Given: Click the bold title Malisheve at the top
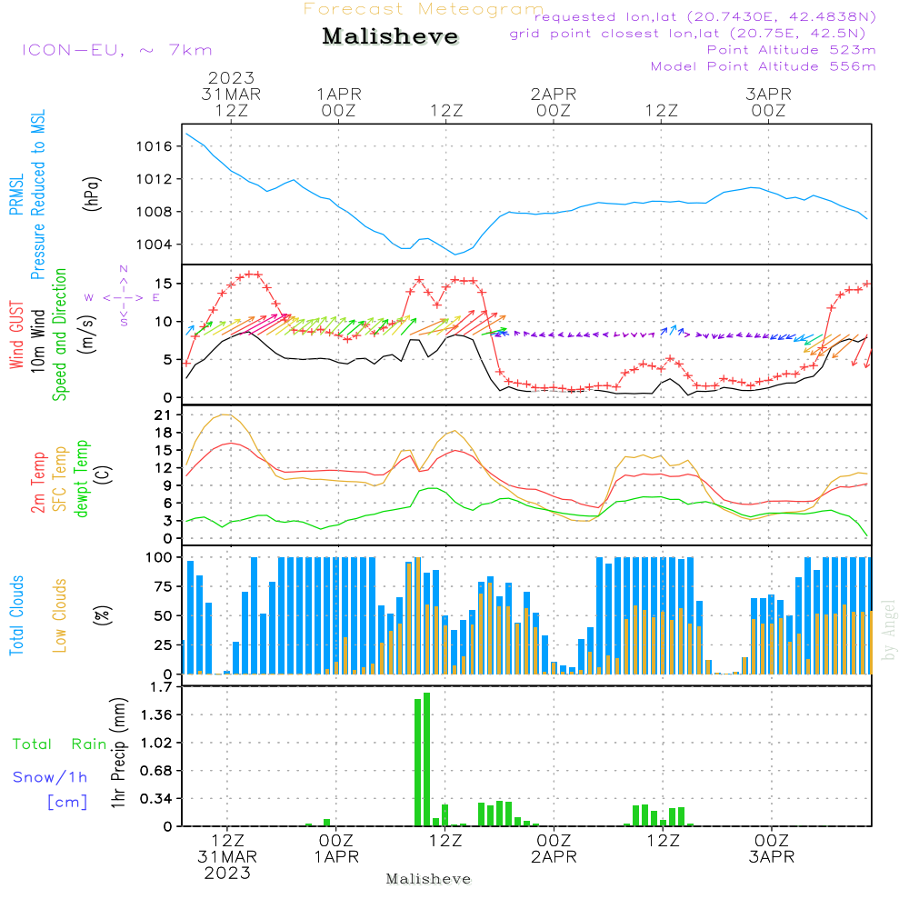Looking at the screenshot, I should coord(390,37).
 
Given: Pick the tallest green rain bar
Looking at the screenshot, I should coord(426,759).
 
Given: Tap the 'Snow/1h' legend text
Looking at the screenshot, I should coord(50,777).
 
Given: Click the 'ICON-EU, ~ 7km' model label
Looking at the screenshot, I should coord(116,50).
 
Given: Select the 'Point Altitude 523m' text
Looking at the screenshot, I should coord(791,50).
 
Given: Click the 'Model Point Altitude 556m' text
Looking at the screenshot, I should coord(763,66).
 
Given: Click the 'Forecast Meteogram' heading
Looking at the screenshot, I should coord(424,9).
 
